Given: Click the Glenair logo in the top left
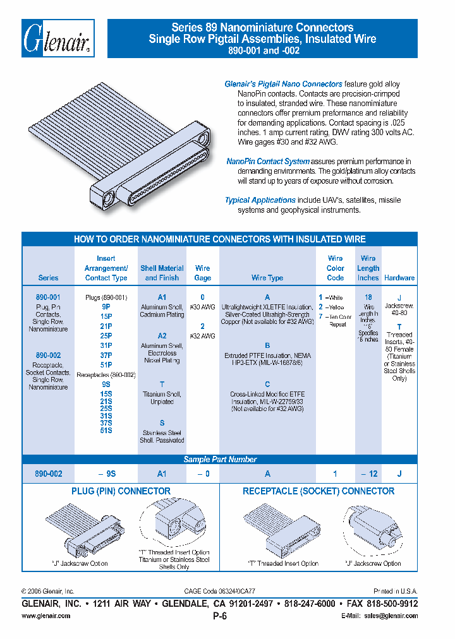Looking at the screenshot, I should point(58,39).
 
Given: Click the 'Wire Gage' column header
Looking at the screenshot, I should point(203,273).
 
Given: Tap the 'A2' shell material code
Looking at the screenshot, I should point(162,336).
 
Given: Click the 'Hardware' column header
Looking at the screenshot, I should point(399,278).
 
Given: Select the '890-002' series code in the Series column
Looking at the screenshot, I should point(48,355).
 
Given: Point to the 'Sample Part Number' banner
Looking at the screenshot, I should point(220,460).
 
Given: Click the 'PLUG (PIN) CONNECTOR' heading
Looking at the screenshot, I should point(121,491).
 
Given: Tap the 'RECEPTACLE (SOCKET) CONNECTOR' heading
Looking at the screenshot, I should point(318,491).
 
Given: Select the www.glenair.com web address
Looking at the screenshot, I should point(46,616).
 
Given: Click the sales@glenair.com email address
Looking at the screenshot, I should point(392,616).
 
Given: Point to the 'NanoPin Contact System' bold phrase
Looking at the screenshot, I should point(268,162).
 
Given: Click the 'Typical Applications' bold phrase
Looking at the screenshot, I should point(260,200).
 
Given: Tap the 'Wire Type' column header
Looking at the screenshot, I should point(267,278).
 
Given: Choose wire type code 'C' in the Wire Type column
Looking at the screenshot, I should point(267,384).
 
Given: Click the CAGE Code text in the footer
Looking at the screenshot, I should point(219,592).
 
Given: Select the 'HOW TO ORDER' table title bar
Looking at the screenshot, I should point(220,239).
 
